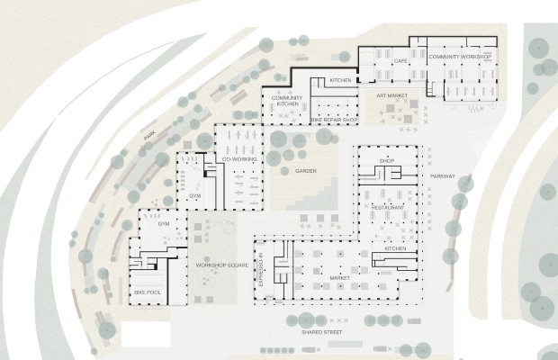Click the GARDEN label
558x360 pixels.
306,171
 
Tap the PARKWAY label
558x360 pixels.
442,176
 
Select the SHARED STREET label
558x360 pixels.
321,332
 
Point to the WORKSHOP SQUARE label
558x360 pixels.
222,265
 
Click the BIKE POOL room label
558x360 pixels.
148,292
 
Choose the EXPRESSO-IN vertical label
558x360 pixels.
261,269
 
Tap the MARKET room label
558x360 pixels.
339,278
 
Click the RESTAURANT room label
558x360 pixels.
388,207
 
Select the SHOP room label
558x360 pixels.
386,161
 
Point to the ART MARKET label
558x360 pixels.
392,95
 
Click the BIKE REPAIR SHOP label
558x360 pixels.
334,121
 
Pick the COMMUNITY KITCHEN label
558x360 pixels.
287,101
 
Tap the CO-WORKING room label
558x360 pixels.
239,159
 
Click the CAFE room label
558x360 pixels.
400,61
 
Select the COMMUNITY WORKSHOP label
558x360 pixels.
460,57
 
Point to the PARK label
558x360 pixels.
149,136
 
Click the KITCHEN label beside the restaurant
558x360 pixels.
395,248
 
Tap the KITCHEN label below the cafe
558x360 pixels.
340,80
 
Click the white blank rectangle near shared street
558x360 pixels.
146,335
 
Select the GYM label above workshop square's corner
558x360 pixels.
164,224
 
